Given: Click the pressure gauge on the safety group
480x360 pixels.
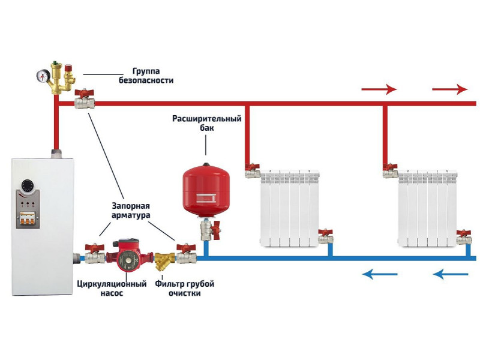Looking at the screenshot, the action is tap(42, 76).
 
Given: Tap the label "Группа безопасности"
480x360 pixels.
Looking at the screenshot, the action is tap(146, 76).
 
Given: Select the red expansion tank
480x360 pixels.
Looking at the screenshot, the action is tap(206, 190).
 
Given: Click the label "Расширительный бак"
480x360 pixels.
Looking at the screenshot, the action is tap(207, 123).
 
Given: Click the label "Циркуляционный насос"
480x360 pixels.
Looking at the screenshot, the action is tap(112, 289).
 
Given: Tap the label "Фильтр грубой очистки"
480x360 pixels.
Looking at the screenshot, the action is tap(185, 289).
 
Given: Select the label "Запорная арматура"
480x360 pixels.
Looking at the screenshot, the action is tap(131, 211).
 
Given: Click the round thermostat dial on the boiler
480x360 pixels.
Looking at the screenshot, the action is tap(28, 186).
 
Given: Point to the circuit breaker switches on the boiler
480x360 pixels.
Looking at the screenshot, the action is tap(28, 218).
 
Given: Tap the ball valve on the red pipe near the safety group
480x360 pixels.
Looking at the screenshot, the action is tap(84, 99).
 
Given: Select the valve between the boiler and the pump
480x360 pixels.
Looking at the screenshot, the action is tap(95, 254).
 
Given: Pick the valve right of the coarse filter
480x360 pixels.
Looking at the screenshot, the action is tap(186, 253).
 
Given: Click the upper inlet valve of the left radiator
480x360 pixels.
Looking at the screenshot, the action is tap(253, 171).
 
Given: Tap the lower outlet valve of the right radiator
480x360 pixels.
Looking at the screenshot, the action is tap(464, 236).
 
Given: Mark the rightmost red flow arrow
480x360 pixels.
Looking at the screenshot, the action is tap(449, 89).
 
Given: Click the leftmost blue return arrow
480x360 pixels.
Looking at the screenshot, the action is tap(380, 274).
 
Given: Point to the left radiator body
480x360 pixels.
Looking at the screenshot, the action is tap(290, 209).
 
